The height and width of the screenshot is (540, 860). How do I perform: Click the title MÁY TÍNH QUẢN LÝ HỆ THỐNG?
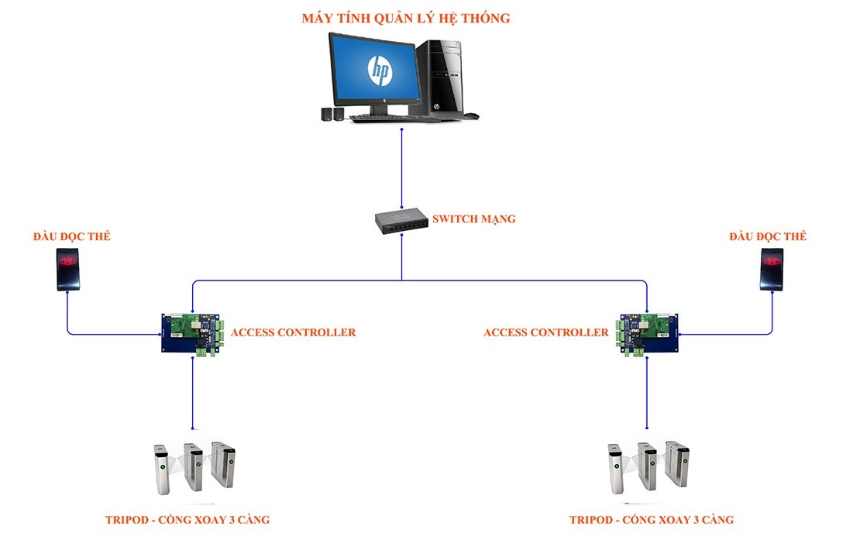405,18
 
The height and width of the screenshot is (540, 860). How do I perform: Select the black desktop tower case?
441,77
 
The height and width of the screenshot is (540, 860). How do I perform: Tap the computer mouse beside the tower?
471,115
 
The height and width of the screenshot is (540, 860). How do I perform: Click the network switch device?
401,222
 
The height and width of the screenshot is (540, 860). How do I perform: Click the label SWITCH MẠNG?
474,219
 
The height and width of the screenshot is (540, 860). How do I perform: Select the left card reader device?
68,268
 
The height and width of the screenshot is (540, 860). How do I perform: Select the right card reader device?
772,268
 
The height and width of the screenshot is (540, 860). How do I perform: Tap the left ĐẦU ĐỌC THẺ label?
71,236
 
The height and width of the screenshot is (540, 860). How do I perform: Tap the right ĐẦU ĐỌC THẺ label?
767,236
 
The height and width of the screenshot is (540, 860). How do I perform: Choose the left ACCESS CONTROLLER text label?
293,332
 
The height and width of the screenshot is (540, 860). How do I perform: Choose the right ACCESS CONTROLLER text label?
545,332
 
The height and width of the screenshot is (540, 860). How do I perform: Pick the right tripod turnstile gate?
648,467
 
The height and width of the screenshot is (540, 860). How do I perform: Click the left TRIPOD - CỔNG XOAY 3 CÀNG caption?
187,519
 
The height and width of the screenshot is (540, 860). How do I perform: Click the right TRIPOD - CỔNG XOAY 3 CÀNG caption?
651,519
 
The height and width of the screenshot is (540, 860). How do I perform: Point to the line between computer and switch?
401,167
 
